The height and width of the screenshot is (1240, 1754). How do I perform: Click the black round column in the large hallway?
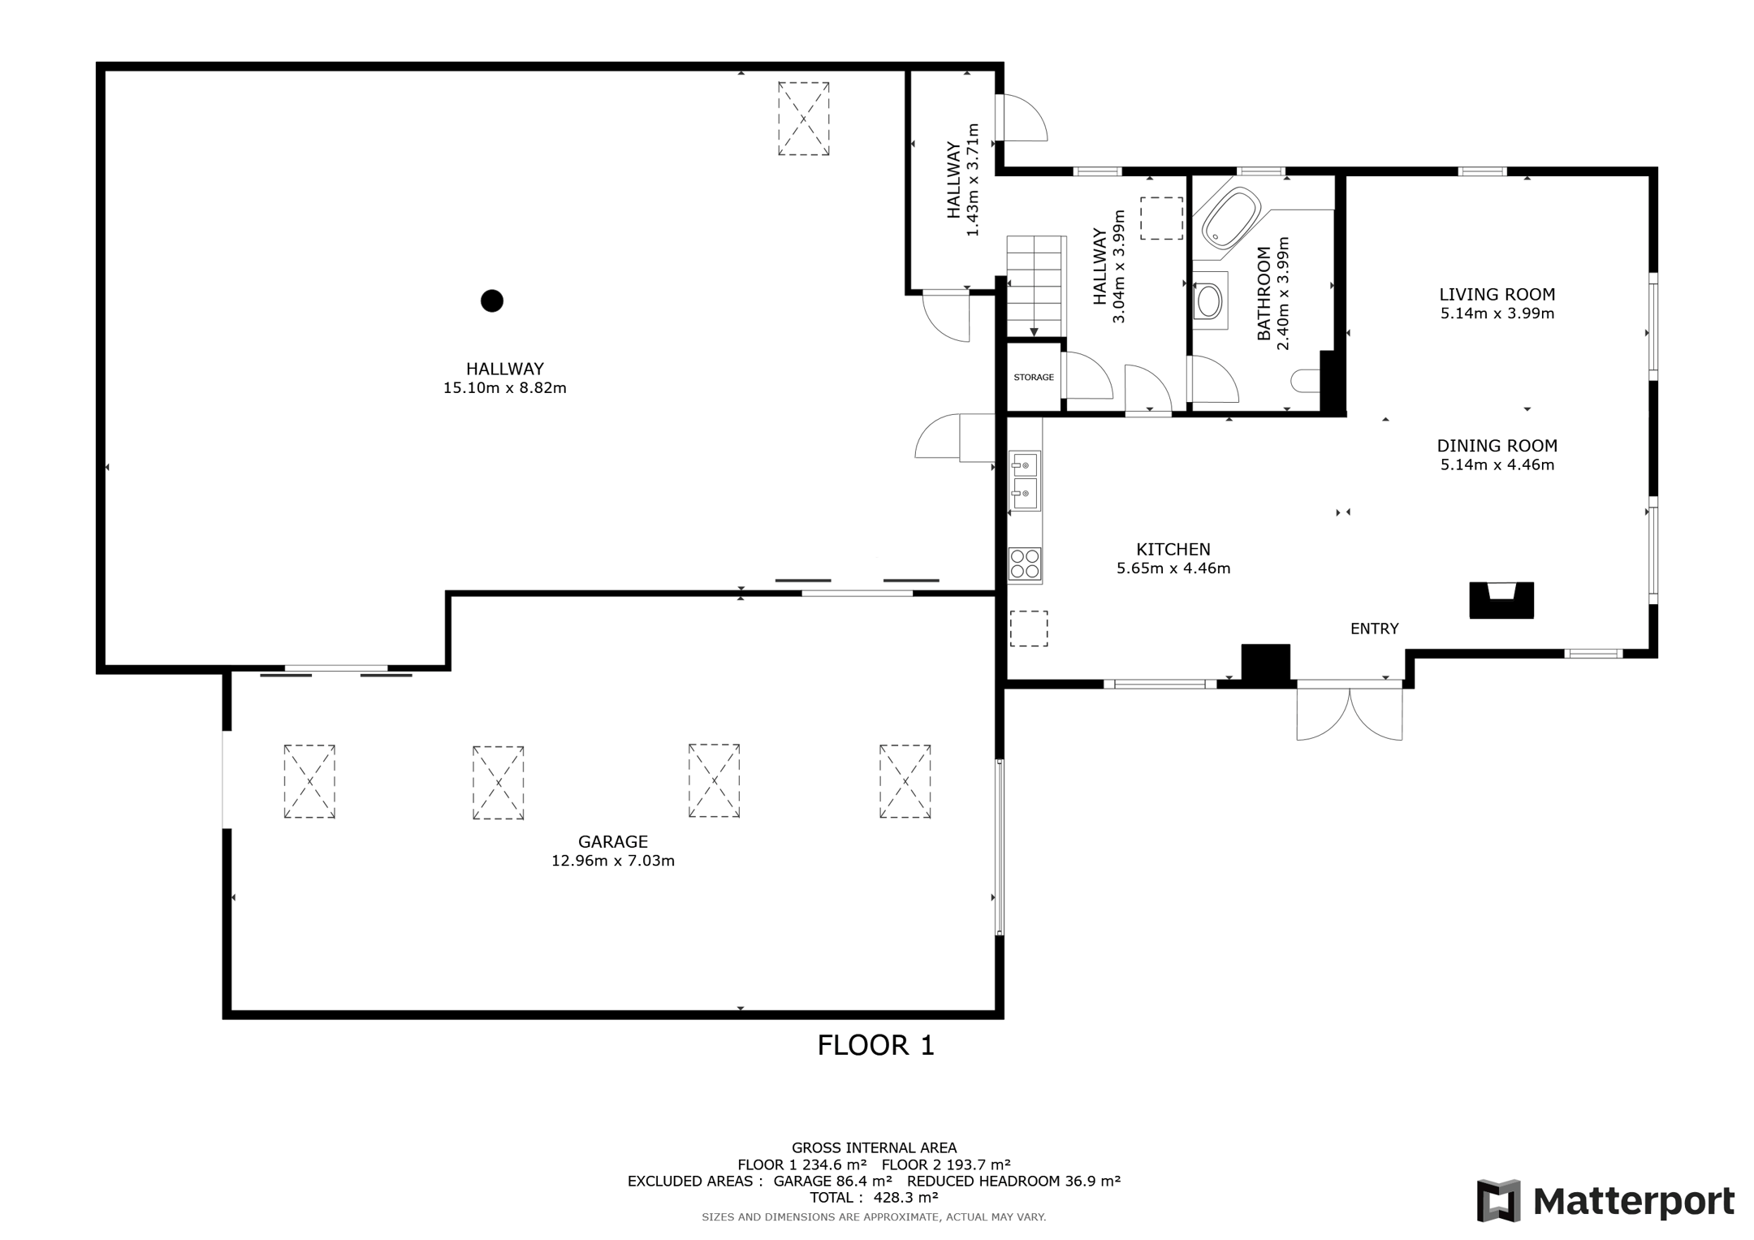pyautogui.click(x=492, y=300)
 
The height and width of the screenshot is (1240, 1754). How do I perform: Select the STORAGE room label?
pyautogui.click(x=1034, y=378)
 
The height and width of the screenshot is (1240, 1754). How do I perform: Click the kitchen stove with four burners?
pyautogui.click(x=1025, y=564)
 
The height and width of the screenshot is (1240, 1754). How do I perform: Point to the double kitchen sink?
pyautogui.click(x=1025, y=482)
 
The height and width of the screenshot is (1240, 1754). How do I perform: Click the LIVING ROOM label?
pyautogui.click(x=1497, y=295)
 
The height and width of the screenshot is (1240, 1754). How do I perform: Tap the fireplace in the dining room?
pyautogui.click(x=1501, y=600)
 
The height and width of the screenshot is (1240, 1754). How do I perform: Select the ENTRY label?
pyautogui.click(x=1375, y=629)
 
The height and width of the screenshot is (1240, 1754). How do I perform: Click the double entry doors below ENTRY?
pyautogui.click(x=1350, y=712)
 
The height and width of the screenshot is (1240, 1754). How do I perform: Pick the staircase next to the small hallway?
pyautogui.click(x=1035, y=286)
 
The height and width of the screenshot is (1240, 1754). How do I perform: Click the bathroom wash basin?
pyautogui.click(x=1209, y=300)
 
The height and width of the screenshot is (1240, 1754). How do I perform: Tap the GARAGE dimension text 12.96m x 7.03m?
pyautogui.click(x=613, y=861)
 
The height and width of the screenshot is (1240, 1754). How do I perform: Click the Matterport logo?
pyautogui.click(x=1605, y=1201)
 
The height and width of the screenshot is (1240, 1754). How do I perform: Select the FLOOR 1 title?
pyautogui.click(x=875, y=1045)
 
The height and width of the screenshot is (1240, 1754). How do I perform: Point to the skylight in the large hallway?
pyautogui.click(x=804, y=119)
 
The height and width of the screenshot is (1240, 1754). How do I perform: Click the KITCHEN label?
pyautogui.click(x=1173, y=550)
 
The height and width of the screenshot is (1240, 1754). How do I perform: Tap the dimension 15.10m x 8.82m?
pyautogui.click(x=505, y=388)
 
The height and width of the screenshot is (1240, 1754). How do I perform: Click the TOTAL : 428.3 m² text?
pyautogui.click(x=874, y=1198)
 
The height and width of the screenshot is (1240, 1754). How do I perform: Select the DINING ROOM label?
pyautogui.click(x=1497, y=446)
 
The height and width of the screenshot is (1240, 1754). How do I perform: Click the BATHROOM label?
pyautogui.click(x=1264, y=293)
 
